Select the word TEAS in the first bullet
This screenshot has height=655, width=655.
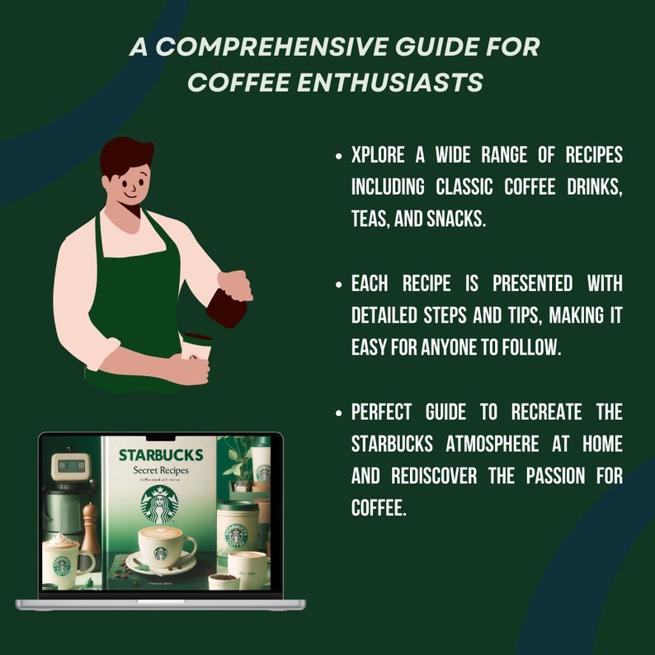pyautogui.click(x=372, y=219)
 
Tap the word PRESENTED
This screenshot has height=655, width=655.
pyautogui.click(x=533, y=284)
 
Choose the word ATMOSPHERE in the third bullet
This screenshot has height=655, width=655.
pyautogui.click(x=500, y=444)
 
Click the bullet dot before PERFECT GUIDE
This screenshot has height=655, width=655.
pyautogui.click(x=339, y=412)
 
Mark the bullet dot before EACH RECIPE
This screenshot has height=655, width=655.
pyautogui.click(x=339, y=285)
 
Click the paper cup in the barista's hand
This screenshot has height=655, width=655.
pyautogui.click(x=195, y=346)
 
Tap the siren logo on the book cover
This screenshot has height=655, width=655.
pyautogui.click(x=159, y=504)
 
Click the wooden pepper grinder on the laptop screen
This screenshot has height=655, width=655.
pyautogui.click(x=90, y=528)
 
